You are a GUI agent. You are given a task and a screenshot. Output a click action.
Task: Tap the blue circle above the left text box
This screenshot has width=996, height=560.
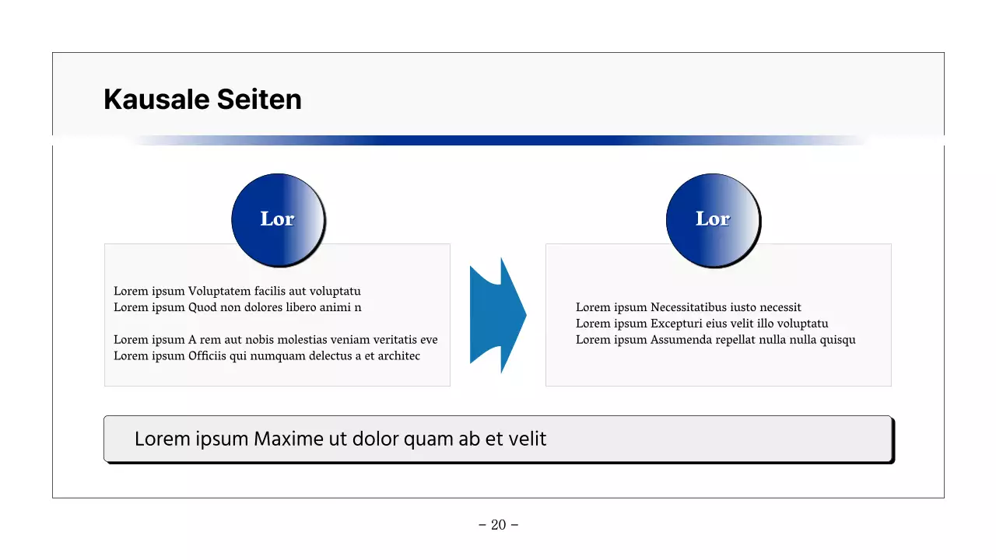click(278, 220)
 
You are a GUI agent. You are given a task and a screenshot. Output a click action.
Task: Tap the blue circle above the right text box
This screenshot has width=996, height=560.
click(713, 220)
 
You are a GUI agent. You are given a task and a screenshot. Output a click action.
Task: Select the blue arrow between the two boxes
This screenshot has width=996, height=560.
click(497, 315)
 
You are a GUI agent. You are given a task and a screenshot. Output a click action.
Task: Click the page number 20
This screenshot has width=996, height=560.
click(498, 525)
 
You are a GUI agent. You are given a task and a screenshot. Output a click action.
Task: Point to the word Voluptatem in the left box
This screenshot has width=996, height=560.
click(219, 292)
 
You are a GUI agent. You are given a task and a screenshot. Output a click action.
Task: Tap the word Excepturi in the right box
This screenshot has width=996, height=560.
click(677, 324)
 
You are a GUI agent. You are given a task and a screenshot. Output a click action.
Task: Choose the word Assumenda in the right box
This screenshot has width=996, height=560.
click(681, 340)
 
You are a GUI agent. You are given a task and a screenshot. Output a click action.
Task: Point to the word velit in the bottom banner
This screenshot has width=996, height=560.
click(528, 439)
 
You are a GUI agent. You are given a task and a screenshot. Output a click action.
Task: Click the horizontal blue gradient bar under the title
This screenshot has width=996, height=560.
click(498, 141)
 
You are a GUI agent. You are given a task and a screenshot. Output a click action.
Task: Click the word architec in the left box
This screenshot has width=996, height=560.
click(398, 356)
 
